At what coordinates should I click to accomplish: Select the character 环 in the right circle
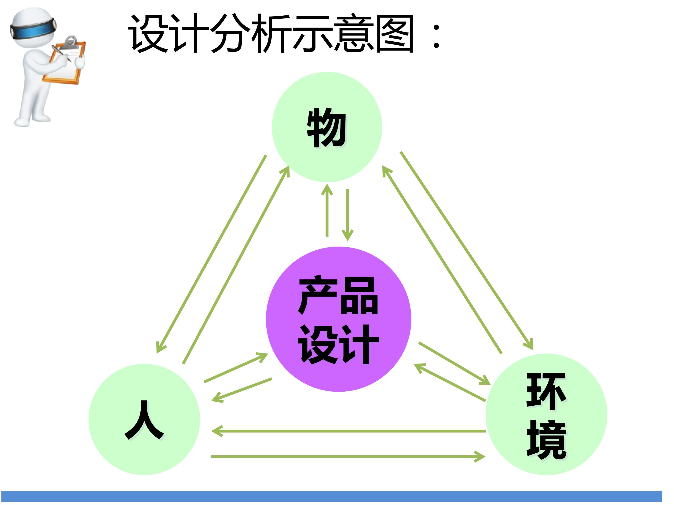click(546, 391)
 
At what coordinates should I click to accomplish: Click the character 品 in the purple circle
click(359, 296)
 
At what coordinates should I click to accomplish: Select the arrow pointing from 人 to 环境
click(348, 457)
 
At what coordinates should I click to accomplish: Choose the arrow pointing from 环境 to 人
click(348, 431)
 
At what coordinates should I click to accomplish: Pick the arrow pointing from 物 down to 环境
click(467, 251)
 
